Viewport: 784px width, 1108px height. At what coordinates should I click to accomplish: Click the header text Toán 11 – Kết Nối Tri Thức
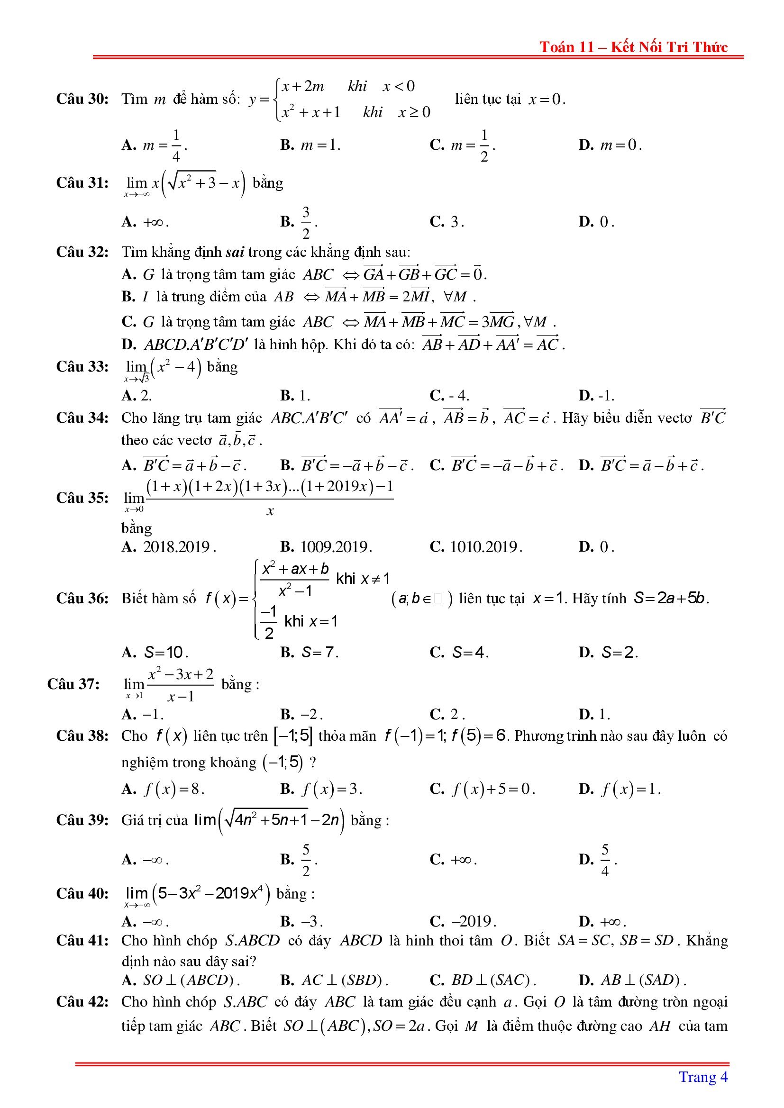[633, 47]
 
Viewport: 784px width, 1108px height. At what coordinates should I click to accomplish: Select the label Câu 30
[82, 99]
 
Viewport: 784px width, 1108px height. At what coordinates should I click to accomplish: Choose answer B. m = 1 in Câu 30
[310, 145]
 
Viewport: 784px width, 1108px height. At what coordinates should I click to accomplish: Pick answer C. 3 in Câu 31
[447, 222]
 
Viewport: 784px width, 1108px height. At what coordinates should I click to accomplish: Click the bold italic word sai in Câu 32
[235, 252]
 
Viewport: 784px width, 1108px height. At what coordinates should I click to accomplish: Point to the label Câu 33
[82, 367]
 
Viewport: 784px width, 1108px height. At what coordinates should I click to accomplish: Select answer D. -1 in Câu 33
[596, 396]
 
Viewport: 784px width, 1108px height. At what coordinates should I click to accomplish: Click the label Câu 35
[82, 498]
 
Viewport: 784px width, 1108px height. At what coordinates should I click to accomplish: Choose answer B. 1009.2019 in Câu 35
[326, 547]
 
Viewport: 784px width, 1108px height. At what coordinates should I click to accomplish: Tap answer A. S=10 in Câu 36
[155, 653]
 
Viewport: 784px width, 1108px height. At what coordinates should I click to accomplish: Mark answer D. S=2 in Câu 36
[608, 653]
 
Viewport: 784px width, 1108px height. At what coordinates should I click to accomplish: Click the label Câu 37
[73, 684]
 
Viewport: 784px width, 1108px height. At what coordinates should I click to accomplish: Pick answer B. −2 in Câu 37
[301, 714]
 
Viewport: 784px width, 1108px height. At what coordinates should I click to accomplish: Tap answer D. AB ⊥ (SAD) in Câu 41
[632, 980]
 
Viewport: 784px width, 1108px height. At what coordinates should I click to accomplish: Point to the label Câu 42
[82, 1002]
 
